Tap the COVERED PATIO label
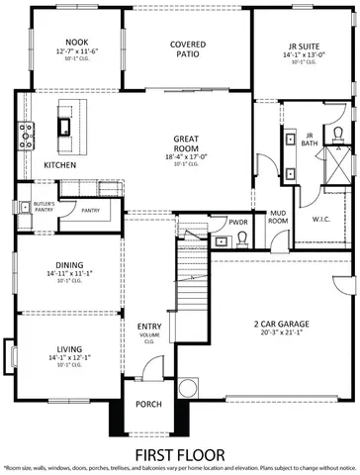point(187,50)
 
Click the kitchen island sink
point(64,126)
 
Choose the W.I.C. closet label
point(321,220)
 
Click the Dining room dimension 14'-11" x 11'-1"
point(70,273)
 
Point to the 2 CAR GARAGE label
point(280,323)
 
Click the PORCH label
point(147,404)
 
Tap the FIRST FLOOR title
point(180,453)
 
